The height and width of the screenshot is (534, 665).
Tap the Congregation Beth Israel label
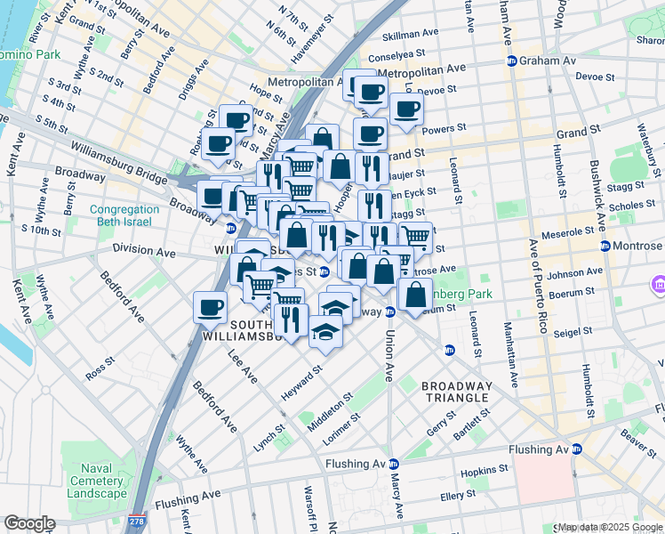124,216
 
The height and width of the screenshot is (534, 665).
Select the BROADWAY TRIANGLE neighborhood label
455,392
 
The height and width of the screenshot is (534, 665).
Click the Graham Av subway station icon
512,61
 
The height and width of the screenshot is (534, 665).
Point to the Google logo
29,523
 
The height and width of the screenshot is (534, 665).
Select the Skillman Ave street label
410,35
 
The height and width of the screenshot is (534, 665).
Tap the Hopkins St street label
485,468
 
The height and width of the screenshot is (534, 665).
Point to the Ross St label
100,369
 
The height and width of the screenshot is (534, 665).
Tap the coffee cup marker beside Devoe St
406,109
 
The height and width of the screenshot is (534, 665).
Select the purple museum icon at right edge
657,286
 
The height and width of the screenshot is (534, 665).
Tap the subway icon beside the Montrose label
605,246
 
